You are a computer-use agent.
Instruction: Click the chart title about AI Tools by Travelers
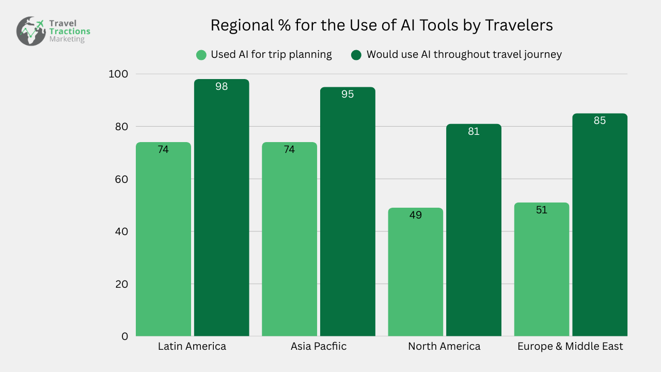pyautogui.click(x=382, y=25)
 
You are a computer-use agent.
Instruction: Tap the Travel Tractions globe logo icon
pyautogui.click(x=31, y=31)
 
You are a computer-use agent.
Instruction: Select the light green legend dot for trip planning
pyautogui.click(x=201, y=55)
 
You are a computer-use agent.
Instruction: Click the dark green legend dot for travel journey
pyautogui.click(x=356, y=55)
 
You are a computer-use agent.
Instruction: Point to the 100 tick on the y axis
pyautogui.click(x=118, y=74)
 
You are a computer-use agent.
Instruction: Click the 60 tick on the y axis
pyautogui.click(x=121, y=179)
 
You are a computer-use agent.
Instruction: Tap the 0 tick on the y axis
pyautogui.click(x=124, y=336)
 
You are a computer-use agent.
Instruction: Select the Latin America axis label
pyautogui.click(x=192, y=346)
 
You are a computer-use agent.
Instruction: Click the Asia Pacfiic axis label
pyautogui.click(x=319, y=346)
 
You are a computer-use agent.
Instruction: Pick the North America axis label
pyautogui.click(x=444, y=346)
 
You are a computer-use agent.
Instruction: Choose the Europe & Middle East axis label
pyautogui.click(x=570, y=346)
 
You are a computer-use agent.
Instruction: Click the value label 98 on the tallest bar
pyautogui.click(x=222, y=87)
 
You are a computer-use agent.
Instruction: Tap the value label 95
pyautogui.click(x=348, y=95)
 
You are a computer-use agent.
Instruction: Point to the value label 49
pyautogui.click(x=415, y=215)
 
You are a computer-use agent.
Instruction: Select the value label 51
pyautogui.click(x=542, y=210)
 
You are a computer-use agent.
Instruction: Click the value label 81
pyautogui.click(x=474, y=132)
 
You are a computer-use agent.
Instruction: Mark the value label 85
pyautogui.click(x=600, y=121)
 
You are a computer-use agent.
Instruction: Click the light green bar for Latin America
pyautogui.click(x=163, y=243)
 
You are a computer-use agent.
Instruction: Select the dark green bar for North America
pyautogui.click(x=474, y=233)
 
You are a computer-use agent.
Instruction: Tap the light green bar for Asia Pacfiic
pyautogui.click(x=289, y=243)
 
